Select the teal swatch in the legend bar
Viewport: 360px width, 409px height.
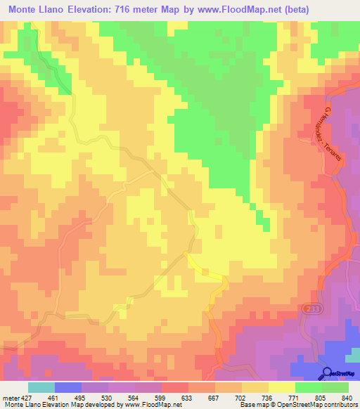(41, 387)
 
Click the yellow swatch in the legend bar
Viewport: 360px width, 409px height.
(281, 387)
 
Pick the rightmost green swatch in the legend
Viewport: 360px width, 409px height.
(335, 387)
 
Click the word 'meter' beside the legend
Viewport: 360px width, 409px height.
(8, 397)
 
